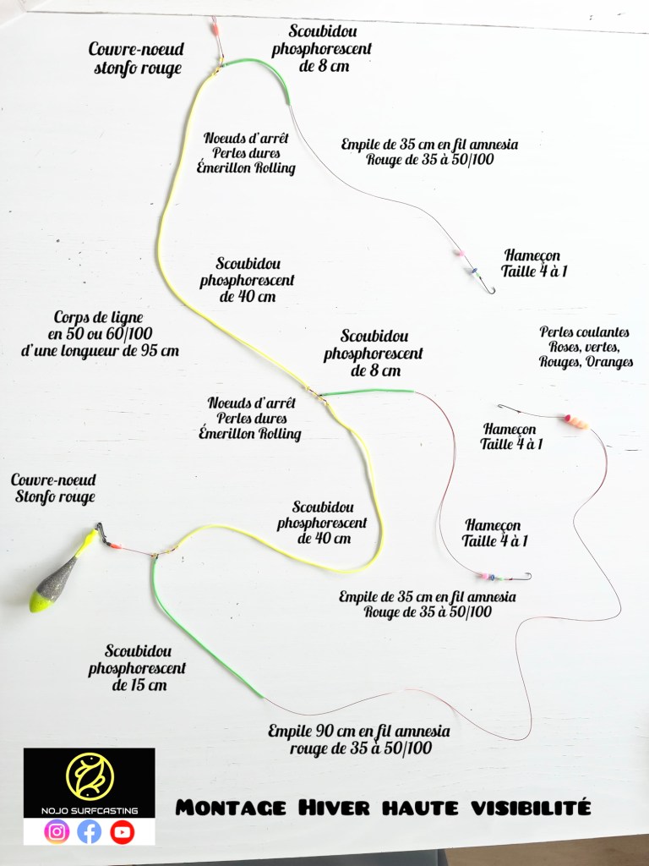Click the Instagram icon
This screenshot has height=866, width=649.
click(57, 832)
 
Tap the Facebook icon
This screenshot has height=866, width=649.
click(89, 832)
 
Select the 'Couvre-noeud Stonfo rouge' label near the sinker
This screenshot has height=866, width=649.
click(52, 488)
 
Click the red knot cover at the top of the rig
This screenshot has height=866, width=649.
click(215, 38)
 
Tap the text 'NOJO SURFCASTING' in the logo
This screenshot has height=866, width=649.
click(90, 811)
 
